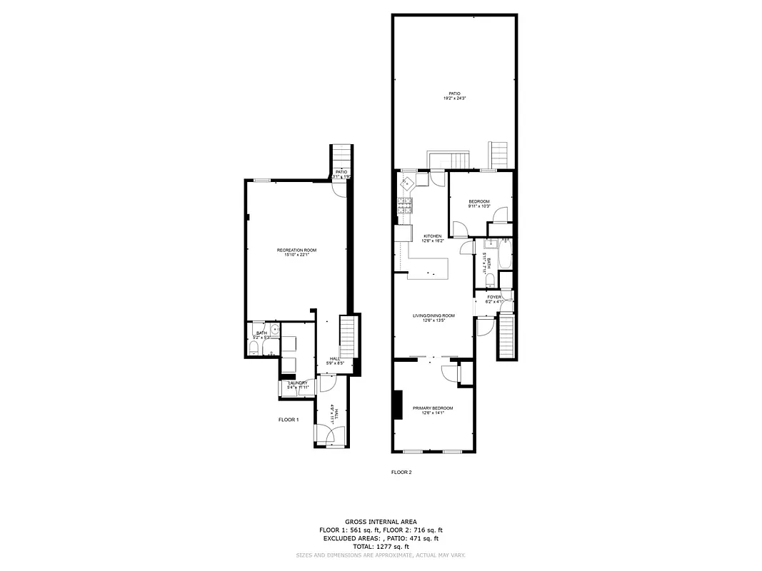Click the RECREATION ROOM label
pyautogui.click(x=296, y=250)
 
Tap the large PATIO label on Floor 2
pyautogui.click(x=454, y=94)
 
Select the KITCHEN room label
pyautogui.click(x=433, y=236)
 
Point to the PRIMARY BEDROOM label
pyautogui.click(x=433, y=408)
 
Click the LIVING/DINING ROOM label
pyautogui.click(x=433, y=315)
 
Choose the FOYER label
pyautogui.click(x=494, y=297)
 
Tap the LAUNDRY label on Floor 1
pyautogui.click(x=297, y=383)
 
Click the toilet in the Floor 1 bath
pyautogui.click(x=254, y=348)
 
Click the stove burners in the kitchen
pyautogui.click(x=406, y=208)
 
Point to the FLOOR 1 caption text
pyautogui.click(x=289, y=420)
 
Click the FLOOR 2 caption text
pyautogui.click(x=401, y=472)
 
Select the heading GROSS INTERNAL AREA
pyautogui.click(x=381, y=522)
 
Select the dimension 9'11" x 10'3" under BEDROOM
pyautogui.click(x=479, y=207)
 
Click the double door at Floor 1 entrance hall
pyautogui.click(x=330, y=435)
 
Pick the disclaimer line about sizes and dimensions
pyautogui.click(x=381, y=555)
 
